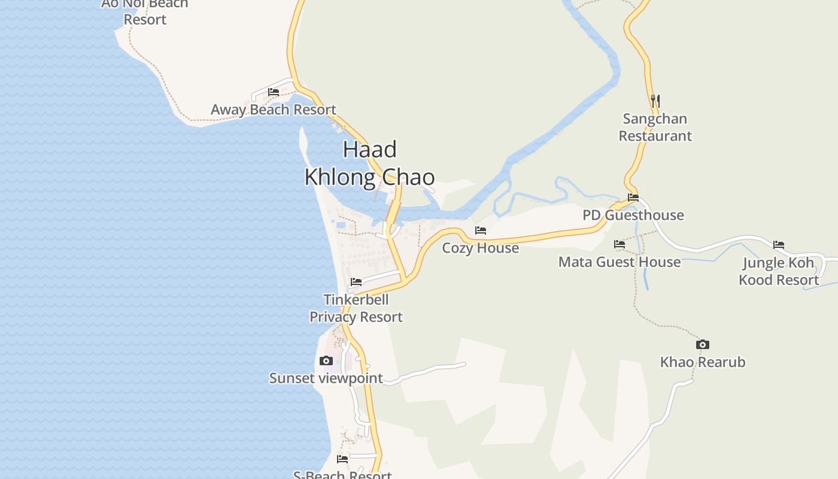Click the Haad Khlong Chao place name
tap(369, 163)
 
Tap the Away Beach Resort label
tap(274, 110)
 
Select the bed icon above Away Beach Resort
tap(274, 92)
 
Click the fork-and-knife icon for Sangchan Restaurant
tap(655, 100)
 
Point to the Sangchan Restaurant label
tap(655, 127)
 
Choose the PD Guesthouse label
tap(633, 215)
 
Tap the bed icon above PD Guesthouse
tap(633, 198)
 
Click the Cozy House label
tap(480, 248)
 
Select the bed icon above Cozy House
tap(481, 231)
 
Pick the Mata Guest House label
tap(620, 262)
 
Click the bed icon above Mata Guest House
tap(620, 244)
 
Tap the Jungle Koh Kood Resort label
tap(779, 271)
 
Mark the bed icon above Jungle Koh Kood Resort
tap(779, 245)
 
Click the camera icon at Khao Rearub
tap(703, 344)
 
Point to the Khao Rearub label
tap(703, 362)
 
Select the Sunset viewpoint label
tap(326, 378)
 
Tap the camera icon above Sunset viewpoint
tap(326, 360)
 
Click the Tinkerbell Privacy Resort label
tap(356, 308)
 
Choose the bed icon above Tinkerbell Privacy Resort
tap(356, 281)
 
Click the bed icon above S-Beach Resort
tap(342, 459)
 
